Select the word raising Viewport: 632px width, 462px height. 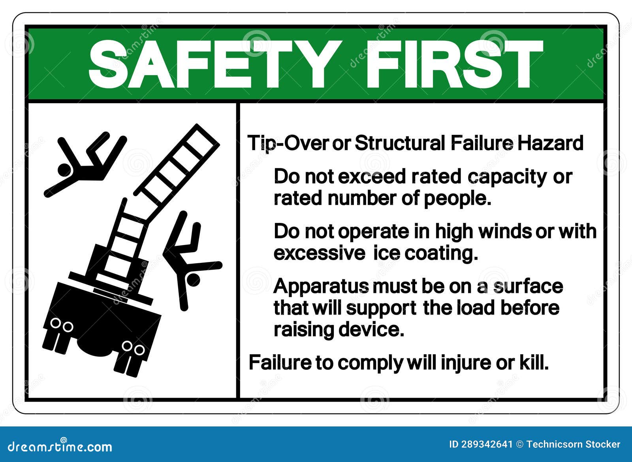304,329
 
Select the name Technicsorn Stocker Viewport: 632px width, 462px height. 574,445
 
